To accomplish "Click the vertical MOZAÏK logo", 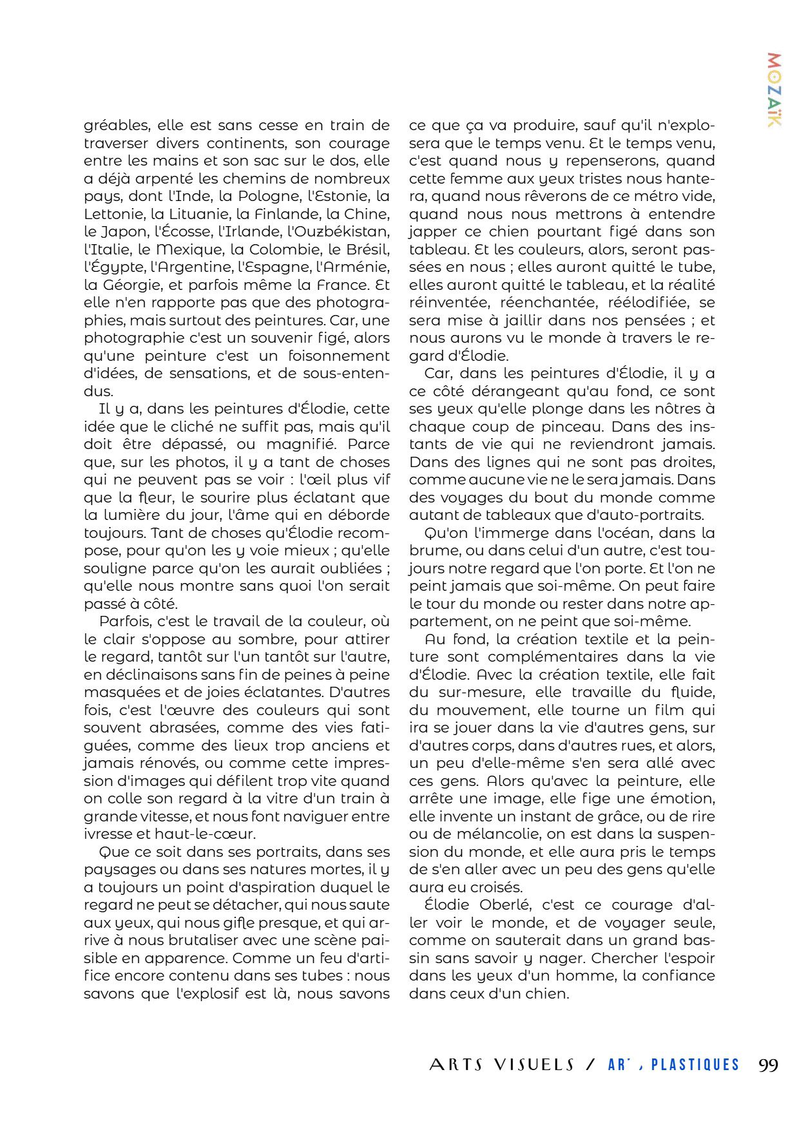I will pos(775,90).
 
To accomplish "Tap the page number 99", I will pos(768,1065).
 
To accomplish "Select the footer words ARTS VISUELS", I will pos(501,1065).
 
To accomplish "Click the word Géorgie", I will pos(127,285).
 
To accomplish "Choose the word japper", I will pos(429,232).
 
